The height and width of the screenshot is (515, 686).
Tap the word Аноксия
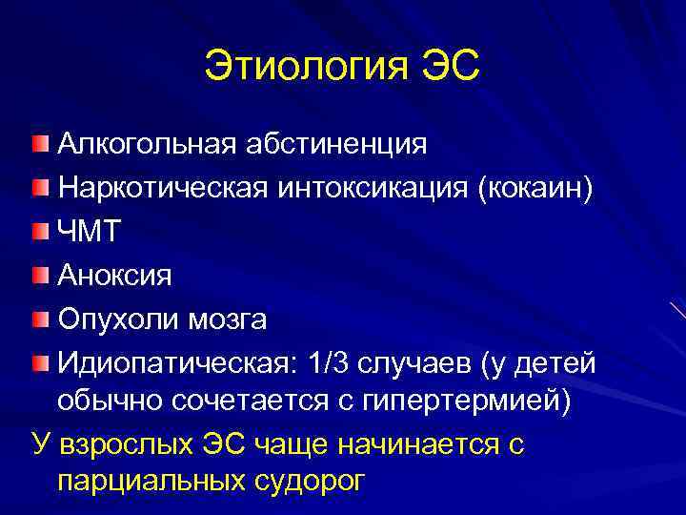114,276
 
